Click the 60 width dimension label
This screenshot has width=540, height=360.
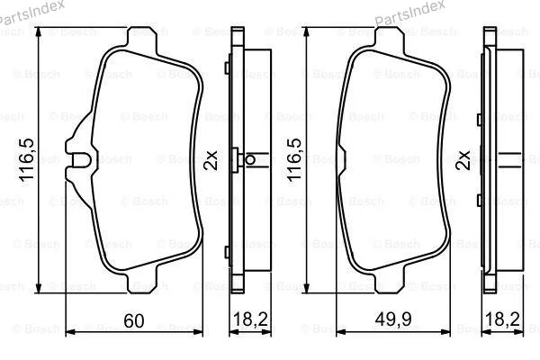133,320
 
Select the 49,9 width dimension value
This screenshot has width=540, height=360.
393,319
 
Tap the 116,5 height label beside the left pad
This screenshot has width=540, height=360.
27,160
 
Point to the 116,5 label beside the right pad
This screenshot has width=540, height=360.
294,160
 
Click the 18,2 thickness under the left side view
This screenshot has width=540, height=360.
250,319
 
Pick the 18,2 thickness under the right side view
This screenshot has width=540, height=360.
502,319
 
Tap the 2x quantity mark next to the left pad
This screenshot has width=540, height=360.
211,160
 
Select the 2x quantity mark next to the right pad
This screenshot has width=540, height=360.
463,160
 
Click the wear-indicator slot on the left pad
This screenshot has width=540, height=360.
80,159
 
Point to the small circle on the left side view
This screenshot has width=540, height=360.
250,160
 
